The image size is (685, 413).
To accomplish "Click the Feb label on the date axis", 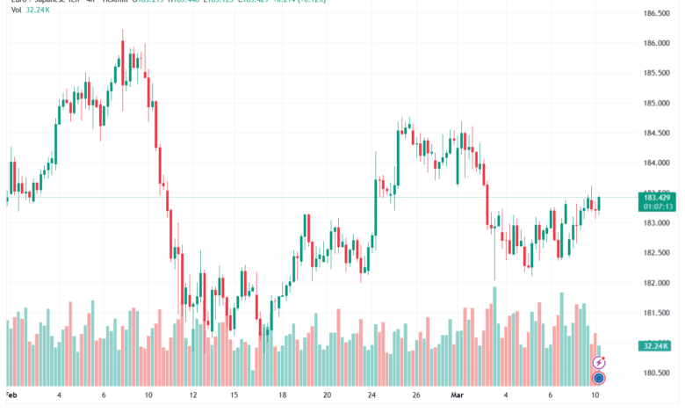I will pos(11,395).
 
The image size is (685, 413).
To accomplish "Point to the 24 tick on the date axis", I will pos(371,395).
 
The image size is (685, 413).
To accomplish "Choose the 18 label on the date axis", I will pos(281,395).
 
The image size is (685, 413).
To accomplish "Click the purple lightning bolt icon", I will pos(599,361).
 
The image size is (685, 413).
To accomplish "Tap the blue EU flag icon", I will pos(599,378).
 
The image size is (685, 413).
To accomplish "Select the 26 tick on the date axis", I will pos(417,395).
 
